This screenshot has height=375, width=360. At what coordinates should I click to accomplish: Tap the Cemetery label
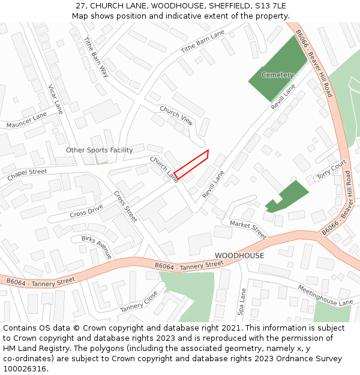[277, 75]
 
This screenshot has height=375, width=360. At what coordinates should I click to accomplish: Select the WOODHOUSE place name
[239, 256]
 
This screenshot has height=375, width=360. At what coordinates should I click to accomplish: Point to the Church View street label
[176, 115]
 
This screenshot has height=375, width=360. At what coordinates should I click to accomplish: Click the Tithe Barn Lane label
[202, 41]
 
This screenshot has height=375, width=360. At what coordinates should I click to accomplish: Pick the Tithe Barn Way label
[96, 57]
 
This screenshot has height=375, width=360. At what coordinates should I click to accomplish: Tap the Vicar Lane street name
[55, 99]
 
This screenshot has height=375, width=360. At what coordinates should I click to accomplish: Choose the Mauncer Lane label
[26, 119]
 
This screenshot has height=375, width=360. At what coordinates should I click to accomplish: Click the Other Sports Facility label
[99, 150]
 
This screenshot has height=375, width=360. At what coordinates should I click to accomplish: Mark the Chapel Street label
[27, 175]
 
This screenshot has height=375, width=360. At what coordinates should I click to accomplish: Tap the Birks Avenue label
[96, 247]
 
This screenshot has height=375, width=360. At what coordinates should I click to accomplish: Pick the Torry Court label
[332, 169]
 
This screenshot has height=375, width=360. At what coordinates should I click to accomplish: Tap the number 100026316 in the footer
[25, 369]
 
